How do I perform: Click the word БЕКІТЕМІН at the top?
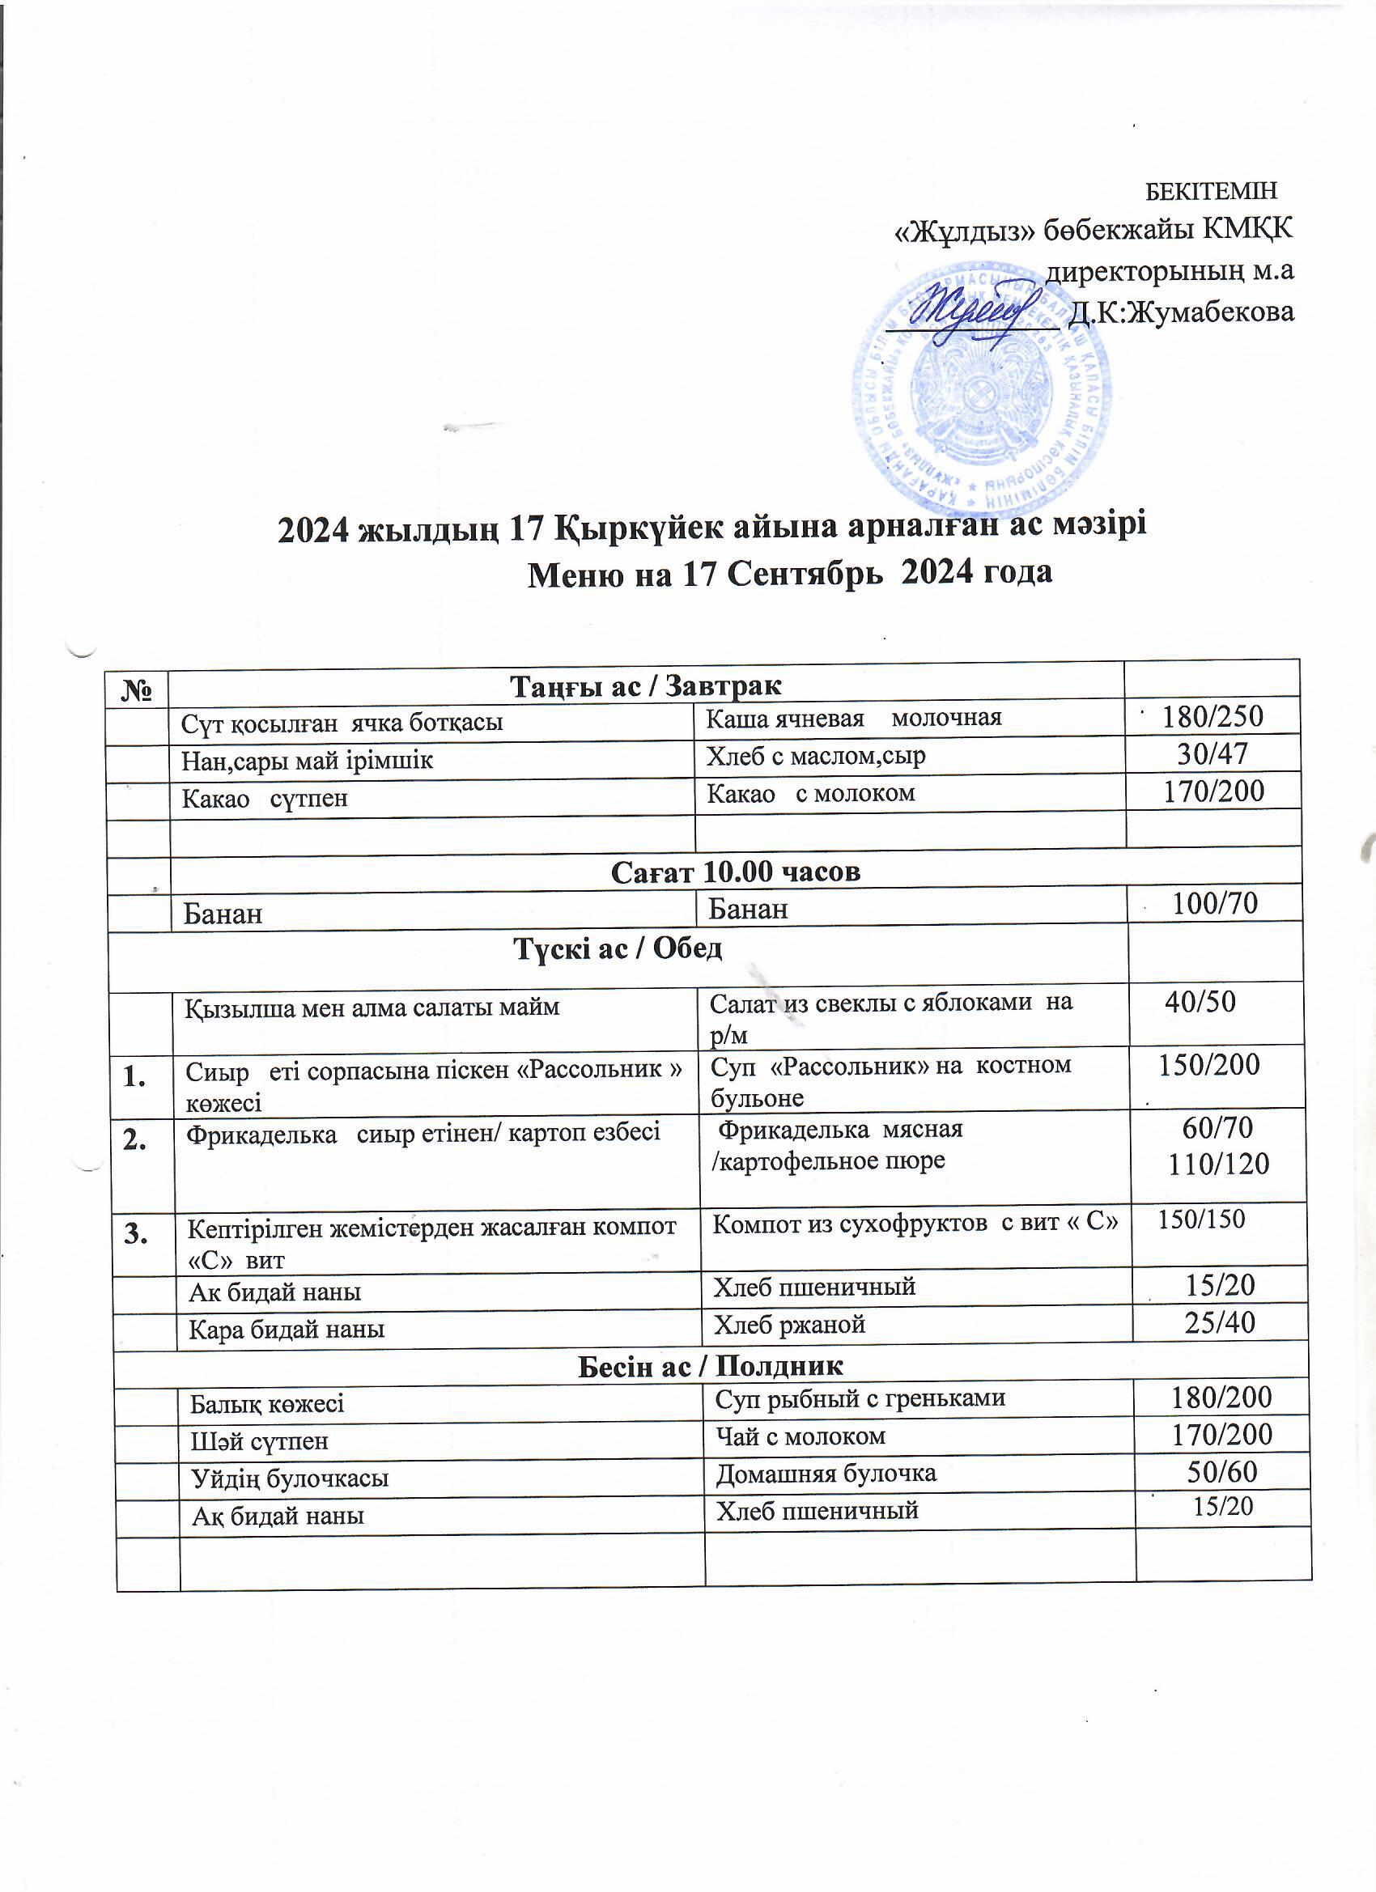1210,191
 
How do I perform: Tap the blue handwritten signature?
968,313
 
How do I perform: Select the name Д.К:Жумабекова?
1181,312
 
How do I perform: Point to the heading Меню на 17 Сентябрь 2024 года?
789,573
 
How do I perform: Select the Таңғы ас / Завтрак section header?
646,685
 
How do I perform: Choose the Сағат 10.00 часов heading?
735,872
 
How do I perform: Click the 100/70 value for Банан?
1215,902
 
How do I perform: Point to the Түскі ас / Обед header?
618,948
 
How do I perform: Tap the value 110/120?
1219,1164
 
